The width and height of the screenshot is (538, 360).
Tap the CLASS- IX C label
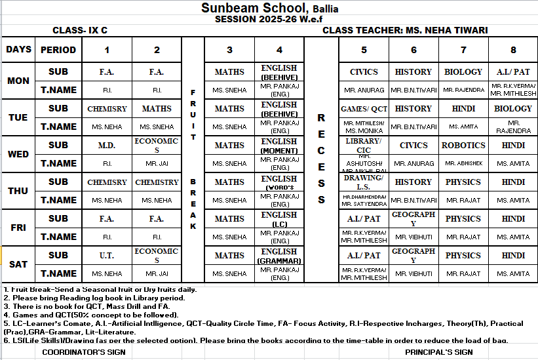click(80, 30)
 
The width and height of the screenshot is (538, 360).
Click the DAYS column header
click(18, 49)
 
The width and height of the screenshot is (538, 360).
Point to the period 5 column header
click(364, 50)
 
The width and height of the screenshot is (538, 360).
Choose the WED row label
click(18, 154)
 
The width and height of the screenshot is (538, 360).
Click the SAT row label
click(18, 264)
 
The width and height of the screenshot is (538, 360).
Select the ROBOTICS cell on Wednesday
click(463, 146)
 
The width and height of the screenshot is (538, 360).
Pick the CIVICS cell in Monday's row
click(364, 72)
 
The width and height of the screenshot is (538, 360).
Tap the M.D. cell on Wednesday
click(107, 146)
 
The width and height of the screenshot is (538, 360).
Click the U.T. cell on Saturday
click(107, 256)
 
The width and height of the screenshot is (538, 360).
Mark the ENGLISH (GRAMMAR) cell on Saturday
click(279, 256)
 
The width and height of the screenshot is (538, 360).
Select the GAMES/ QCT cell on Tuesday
click(364, 109)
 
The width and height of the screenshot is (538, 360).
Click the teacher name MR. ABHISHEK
click(463, 163)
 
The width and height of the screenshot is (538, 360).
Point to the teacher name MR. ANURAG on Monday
click(364, 90)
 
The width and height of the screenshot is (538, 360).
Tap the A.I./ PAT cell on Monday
click(513, 72)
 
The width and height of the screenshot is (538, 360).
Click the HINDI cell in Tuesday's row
click(463, 109)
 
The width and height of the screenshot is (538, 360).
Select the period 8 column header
click(513, 50)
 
